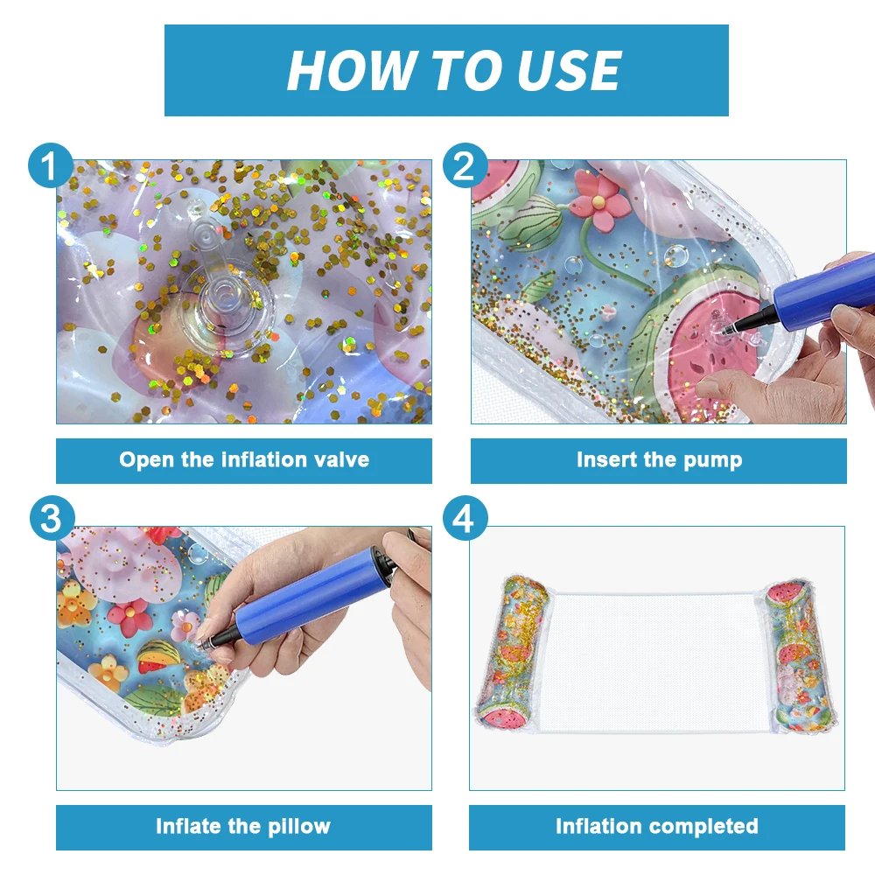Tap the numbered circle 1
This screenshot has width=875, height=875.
[50, 165]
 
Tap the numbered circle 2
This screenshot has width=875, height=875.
[465, 165]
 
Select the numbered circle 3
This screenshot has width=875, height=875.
[52, 518]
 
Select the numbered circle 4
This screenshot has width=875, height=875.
[465, 518]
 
